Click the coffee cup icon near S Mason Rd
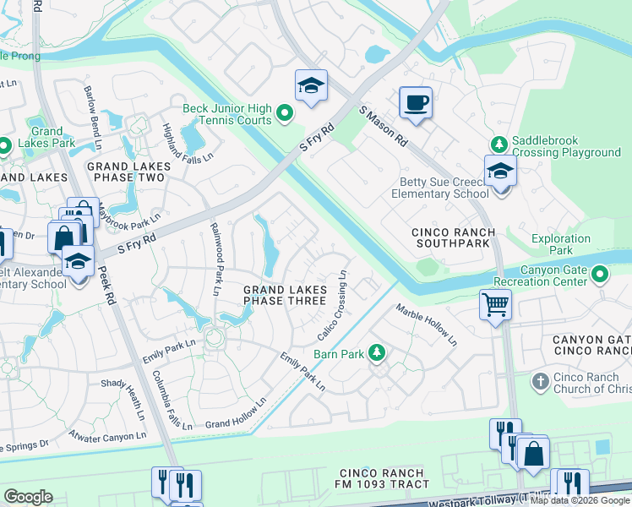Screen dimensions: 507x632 415,104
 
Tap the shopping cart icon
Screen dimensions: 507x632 494,303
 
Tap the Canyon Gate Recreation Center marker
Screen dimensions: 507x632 600,275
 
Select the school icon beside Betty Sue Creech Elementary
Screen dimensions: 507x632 500,172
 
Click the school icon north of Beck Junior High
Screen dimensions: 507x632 311,86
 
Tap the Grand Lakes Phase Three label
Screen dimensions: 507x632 284,295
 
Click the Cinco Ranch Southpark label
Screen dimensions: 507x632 450,237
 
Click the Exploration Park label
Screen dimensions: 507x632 561,245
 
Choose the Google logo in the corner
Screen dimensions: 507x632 28,497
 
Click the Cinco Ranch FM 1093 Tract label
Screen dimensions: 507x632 384,478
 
